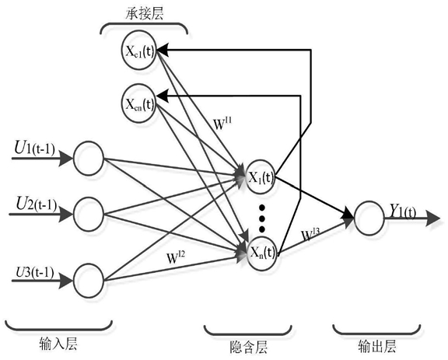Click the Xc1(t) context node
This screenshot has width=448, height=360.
pos(139,51)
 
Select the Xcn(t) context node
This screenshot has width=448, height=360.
pos(139,103)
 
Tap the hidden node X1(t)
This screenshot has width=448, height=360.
pos(261,177)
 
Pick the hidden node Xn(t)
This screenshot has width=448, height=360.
pos(261,253)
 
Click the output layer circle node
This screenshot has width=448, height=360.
pos(369,218)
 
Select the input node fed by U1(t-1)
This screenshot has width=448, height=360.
pos(89,158)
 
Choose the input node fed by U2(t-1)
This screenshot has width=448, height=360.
pos(89,215)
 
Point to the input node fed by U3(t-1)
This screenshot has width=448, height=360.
pos(89,281)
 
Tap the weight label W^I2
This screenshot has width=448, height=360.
pos(176,257)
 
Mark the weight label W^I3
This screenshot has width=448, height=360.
pos(310,234)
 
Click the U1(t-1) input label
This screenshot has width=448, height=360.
pos(34,149)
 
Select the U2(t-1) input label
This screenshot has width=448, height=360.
pos(37,204)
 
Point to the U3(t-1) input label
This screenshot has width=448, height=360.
pos(35,272)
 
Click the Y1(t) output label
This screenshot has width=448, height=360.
pos(403,211)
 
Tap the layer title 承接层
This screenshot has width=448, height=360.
pos(145,13)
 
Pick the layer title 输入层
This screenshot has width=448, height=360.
pos(58,343)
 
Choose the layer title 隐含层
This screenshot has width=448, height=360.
pos(248,348)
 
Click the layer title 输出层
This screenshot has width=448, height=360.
pos(377,346)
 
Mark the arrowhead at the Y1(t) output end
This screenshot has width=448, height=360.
pos(433,218)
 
